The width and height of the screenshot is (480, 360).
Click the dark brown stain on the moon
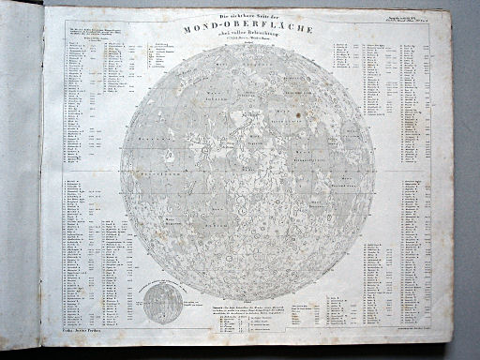pyautogui.click(x=298, y=119)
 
